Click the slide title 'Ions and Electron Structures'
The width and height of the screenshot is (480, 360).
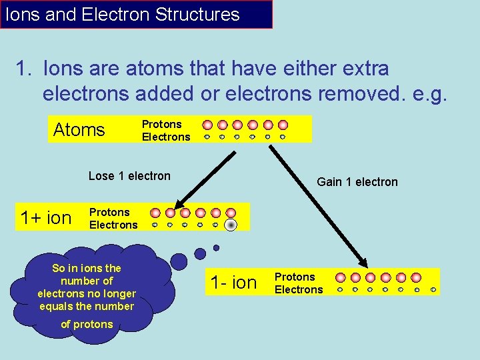click(123, 15)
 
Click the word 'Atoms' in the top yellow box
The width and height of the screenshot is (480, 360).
click(79, 129)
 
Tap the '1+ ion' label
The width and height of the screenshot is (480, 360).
click(45, 218)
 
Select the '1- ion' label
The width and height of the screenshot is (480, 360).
click(233, 283)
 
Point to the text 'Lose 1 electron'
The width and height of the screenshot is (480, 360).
click(129, 176)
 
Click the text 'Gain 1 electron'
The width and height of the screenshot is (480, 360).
click(357, 182)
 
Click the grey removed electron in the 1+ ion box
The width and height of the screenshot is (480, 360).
click(231, 225)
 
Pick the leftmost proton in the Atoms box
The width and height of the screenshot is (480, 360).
click(207, 125)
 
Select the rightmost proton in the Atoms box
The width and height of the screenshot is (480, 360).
click(283, 125)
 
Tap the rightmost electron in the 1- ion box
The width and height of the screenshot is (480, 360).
click(433, 290)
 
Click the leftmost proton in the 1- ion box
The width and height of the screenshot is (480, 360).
click(340, 277)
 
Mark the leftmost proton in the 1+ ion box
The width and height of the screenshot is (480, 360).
click(155, 213)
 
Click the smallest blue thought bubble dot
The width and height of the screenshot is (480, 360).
click(216, 247)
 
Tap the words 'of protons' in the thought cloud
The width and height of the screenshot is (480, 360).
click(87, 325)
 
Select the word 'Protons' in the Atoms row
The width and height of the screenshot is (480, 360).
click(161, 124)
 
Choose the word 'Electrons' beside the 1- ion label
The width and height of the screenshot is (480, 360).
click(299, 289)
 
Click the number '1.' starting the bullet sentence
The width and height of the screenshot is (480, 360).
click(25, 69)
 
